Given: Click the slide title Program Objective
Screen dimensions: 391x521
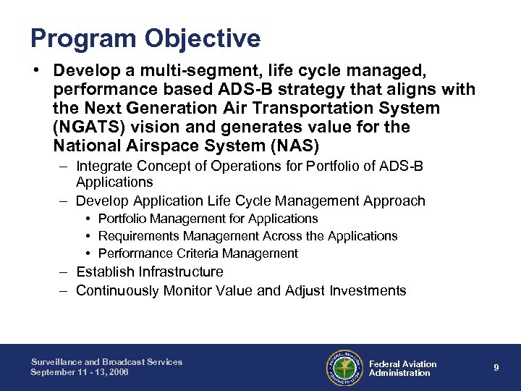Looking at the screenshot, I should (x=145, y=38).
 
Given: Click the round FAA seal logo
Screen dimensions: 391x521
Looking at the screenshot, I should (x=344, y=367).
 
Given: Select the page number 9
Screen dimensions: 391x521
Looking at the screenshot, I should (x=496, y=368).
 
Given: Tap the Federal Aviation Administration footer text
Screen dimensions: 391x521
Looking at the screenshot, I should (x=402, y=369).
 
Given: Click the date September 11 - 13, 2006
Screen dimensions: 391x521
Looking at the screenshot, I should (x=79, y=372).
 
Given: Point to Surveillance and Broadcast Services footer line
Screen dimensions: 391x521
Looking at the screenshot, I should (x=106, y=362).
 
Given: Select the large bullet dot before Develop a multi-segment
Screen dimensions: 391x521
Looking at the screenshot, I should (x=35, y=71).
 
